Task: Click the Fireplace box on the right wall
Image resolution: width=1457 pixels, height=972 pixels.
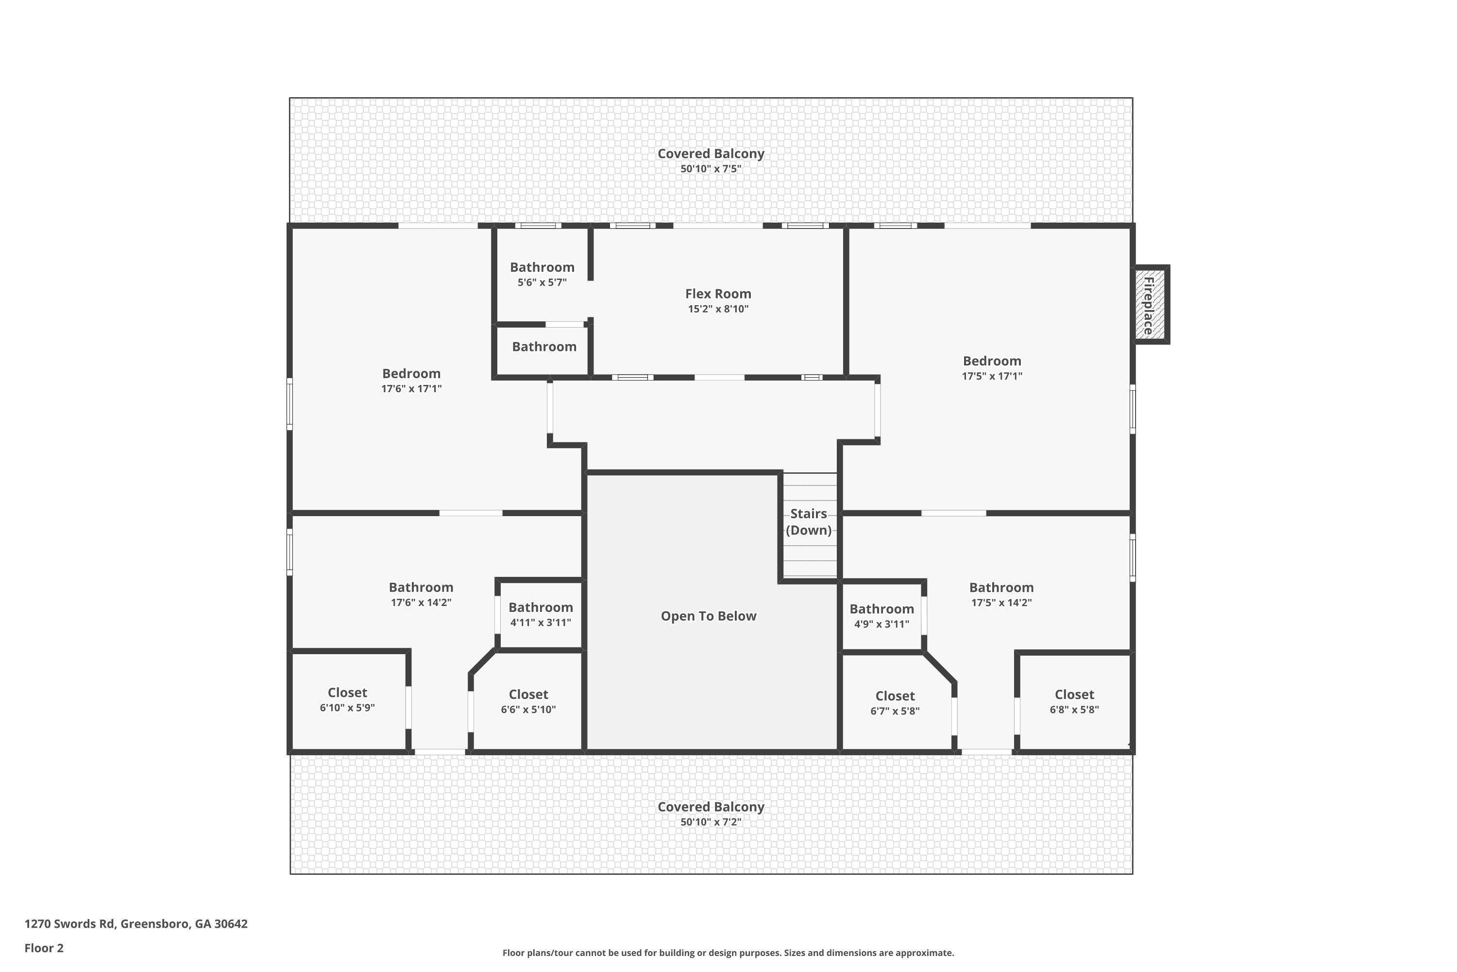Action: [1151, 305]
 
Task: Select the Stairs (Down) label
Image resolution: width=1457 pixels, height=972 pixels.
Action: [809, 522]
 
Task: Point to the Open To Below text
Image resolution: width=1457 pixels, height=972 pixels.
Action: [708, 616]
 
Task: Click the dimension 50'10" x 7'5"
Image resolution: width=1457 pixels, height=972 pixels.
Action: [711, 169]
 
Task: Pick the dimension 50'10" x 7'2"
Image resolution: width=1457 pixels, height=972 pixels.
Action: [711, 822]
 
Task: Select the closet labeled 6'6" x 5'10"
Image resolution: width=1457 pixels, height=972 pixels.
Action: [528, 702]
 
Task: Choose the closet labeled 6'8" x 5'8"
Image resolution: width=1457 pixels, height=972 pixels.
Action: [1074, 702]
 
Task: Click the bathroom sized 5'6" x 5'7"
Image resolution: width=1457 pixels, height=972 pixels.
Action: [542, 275]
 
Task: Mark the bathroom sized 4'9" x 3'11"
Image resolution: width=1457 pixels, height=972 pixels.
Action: [881, 616]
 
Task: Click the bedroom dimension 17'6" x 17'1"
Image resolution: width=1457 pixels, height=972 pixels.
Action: [411, 389]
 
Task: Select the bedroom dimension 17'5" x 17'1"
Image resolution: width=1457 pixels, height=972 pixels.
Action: [992, 376]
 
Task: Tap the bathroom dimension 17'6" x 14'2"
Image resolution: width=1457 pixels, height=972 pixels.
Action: [421, 603]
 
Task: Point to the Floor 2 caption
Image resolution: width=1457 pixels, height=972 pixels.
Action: [44, 948]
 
